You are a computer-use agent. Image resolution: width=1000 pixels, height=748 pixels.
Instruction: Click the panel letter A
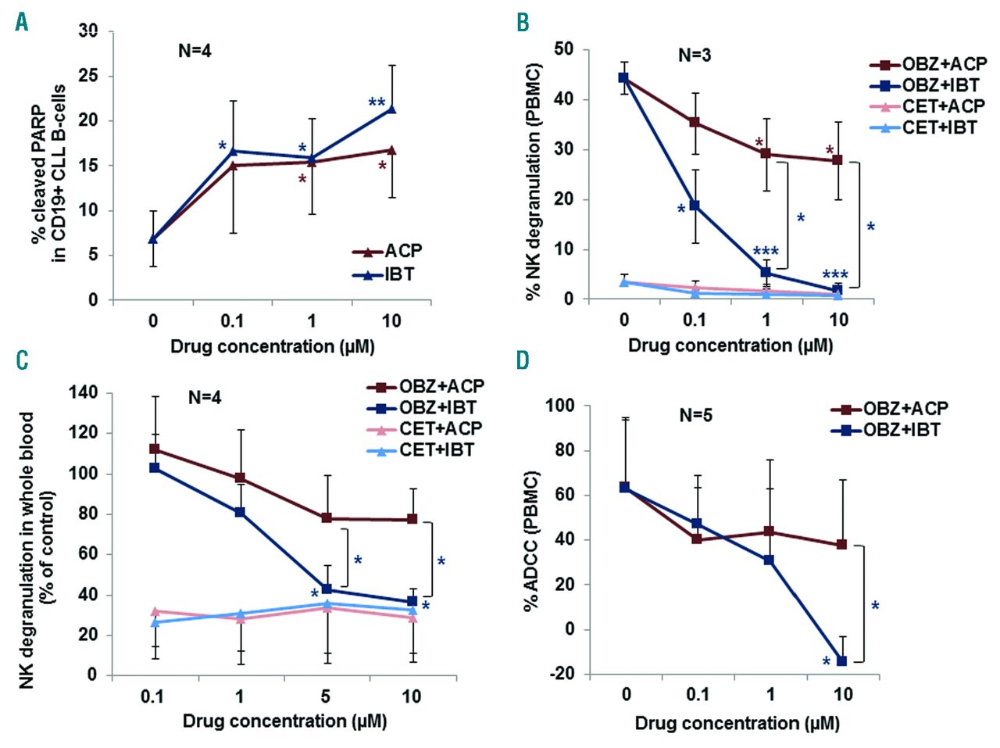(21, 21)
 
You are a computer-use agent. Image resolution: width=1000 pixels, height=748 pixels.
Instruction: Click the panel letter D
(522, 360)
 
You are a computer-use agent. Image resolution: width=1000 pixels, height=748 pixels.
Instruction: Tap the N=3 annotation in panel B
(694, 55)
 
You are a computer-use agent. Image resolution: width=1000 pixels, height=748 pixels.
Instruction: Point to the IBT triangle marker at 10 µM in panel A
(391, 109)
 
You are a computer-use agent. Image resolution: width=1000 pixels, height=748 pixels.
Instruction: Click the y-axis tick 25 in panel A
(92, 77)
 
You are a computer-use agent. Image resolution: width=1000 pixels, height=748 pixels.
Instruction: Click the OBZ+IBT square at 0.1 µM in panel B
(694, 206)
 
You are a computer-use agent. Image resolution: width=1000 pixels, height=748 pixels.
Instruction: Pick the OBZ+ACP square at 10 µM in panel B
(837, 160)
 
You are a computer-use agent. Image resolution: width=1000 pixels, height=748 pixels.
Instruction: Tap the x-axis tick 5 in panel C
(325, 696)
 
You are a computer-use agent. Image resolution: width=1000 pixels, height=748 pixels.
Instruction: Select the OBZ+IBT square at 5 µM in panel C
(327, 589)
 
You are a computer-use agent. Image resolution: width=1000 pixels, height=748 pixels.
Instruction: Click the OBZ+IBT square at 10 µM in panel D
(841, 661)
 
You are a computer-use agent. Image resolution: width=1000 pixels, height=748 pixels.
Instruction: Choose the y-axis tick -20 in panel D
(584, 674)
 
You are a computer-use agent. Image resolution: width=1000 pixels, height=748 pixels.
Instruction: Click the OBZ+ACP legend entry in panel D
(889, 409)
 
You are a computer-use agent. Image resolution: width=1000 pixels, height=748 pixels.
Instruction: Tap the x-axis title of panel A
(272, 345)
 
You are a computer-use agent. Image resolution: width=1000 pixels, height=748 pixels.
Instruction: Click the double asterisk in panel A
(377, 102)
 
